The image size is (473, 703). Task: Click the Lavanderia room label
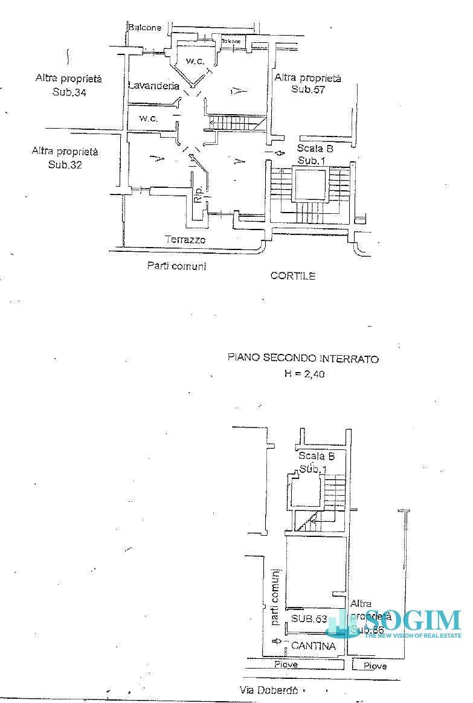point(153,86)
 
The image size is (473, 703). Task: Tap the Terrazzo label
point(185,240)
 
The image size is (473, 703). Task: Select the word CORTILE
point(293,276)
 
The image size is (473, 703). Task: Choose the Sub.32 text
point(65,164)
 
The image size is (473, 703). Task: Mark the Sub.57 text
point(308,89)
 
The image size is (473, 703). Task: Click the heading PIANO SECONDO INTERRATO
point(303,358)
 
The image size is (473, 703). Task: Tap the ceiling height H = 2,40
point(304,374)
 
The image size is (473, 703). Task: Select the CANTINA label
point(314,646)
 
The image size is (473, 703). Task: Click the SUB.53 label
point(309,619)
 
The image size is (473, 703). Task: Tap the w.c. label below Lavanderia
point(149,118)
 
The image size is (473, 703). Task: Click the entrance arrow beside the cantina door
point(277,641)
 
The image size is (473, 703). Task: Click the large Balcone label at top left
point(144,27)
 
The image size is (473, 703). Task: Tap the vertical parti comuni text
point(275,598)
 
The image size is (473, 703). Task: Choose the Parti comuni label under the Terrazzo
point(176,266)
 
